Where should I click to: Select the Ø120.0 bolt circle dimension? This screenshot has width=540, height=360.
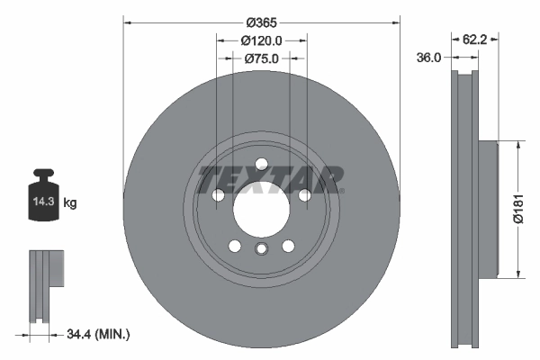(x=262, y=40)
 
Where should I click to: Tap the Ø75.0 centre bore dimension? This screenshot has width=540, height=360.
(x=262, y=58)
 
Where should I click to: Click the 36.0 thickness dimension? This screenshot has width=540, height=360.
(x=429, y=58)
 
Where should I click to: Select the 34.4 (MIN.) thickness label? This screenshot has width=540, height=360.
(x=98, y=335)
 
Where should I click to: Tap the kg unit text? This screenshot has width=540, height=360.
(x=70, y=203)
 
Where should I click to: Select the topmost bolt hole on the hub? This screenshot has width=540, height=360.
(x=261, y=164)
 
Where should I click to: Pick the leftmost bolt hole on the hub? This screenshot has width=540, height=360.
(x=217, y=195)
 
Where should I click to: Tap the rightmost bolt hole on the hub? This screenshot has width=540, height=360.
(x=305, y=195)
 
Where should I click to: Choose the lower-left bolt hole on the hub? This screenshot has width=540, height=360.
(x=234, y=247)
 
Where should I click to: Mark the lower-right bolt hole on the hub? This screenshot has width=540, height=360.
(x=288, y=247)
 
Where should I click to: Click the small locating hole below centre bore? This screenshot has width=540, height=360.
(x=261, y=249)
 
